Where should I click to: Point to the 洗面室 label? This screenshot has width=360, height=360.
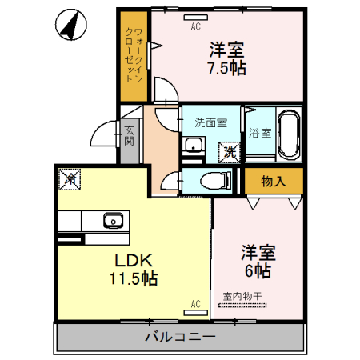click(211, 123)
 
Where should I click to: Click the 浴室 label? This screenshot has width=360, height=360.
click(259, 132)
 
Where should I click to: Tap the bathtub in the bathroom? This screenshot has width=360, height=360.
click(288, 134)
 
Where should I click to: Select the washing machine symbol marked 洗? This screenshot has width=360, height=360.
click(230, 150)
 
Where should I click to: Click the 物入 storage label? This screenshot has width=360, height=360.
click(274, 181)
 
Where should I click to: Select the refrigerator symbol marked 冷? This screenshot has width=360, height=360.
click(70, 179)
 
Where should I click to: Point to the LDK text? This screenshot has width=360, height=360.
click(132, 261)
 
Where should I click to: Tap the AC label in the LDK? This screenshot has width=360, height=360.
click(194, 304)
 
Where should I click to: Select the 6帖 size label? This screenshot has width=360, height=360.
click(258, 270)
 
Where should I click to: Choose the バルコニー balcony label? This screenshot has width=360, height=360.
click(179, 337)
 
